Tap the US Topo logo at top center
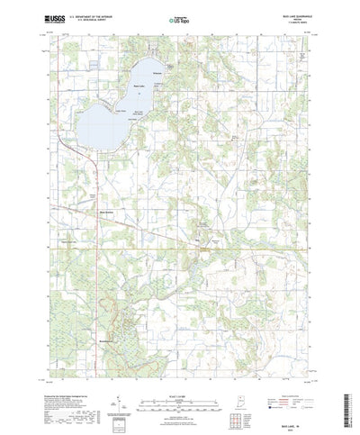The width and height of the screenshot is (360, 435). pos(179,18)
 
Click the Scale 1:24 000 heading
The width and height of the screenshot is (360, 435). pos(179,381)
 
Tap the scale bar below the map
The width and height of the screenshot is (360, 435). pos(179,391)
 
